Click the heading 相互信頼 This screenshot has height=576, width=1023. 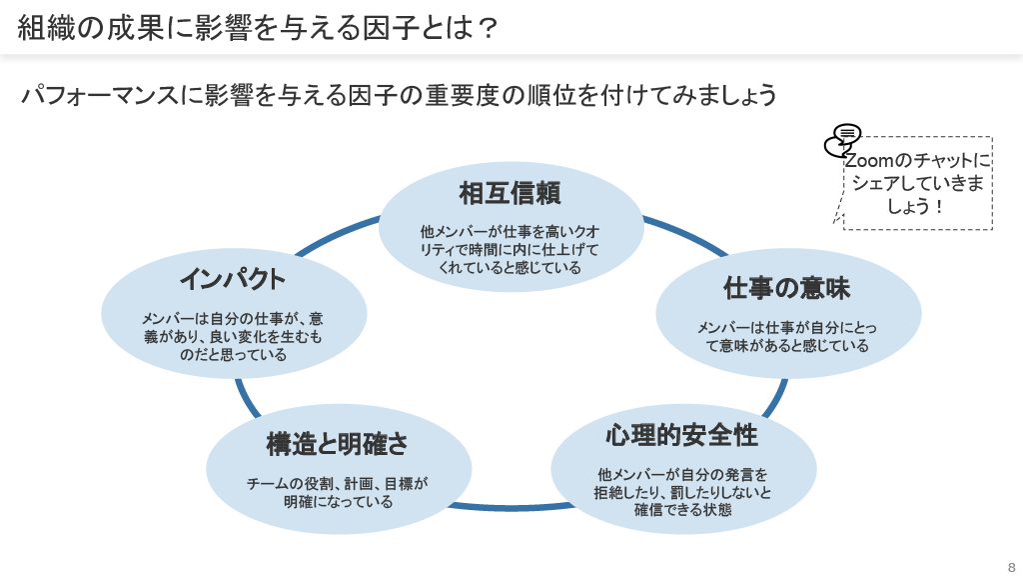[x=510, y=192]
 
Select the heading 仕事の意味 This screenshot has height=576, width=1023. [x=786, y=289]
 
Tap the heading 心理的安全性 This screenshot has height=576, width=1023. [x=681, y=436]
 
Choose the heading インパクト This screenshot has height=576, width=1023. [x=233, y=278]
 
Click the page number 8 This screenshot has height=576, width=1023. [x=1011, y=564]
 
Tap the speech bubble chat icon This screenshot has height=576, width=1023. [x=842, y=141]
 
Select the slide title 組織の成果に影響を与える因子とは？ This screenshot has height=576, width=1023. [x=258, y=27]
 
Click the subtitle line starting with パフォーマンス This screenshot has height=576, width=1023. [x=400, y=96]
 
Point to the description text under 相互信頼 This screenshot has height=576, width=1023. [x=510, y=249]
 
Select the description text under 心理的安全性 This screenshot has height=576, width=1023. [x=683, y=491]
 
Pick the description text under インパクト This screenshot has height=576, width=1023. [x=233, y=336]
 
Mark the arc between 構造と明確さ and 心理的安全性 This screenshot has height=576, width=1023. [x=510, y=506]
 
